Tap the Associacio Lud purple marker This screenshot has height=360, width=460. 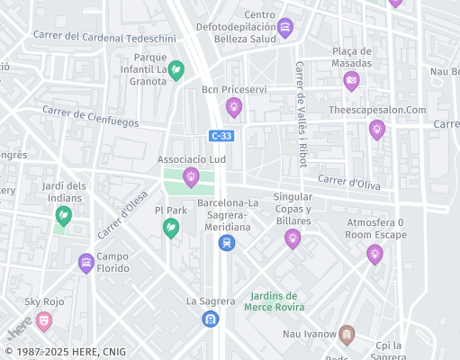pos(191,175)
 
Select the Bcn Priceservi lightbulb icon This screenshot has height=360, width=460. pos(234,108)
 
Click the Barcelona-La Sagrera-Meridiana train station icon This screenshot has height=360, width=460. pos(227,242)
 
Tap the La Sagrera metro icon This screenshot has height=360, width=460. pos(210,318)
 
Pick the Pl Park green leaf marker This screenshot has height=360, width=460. pos(170,229)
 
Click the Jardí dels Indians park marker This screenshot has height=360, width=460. pos(63,215)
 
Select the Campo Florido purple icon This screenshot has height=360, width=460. pos(86,263)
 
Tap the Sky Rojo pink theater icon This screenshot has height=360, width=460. pos(44,319)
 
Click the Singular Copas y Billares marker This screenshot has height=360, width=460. pos(292,238)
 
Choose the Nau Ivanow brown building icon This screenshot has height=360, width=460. pos(347,336)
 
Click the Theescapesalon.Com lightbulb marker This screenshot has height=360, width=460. pos(376,129)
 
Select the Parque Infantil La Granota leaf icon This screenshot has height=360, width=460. pos(177,68)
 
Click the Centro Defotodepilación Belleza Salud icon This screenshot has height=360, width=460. pos(285,27)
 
